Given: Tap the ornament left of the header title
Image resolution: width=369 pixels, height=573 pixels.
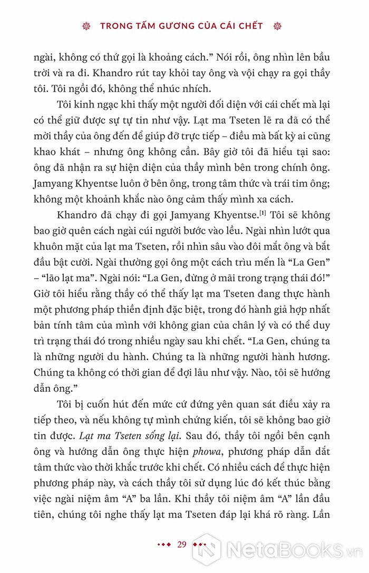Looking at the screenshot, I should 88,25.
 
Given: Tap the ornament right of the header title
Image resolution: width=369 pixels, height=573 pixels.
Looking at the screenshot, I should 278,25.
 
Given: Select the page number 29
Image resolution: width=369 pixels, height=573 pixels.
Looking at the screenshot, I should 182,544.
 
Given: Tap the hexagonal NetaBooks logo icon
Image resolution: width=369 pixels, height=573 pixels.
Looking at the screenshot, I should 207,550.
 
